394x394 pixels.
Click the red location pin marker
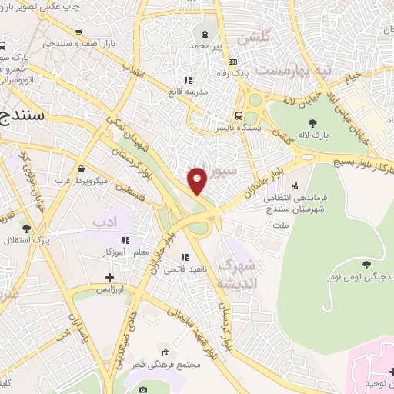198,180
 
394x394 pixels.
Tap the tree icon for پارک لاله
312,122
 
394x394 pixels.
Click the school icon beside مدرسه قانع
186,79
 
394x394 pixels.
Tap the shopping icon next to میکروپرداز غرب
82,169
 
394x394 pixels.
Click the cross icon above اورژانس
109,276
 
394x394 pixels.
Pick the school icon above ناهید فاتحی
184,257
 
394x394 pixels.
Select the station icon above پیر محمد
205,33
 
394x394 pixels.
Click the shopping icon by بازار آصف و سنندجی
78,32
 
